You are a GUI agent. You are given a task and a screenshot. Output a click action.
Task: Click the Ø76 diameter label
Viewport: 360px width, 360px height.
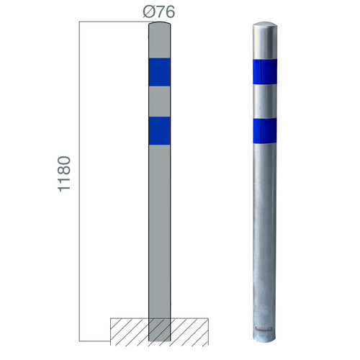pos(159,12)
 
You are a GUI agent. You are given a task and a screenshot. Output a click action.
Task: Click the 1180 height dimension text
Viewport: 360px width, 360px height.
pos(64,174)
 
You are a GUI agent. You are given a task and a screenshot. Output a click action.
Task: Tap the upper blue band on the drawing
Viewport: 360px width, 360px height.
pos(159,72)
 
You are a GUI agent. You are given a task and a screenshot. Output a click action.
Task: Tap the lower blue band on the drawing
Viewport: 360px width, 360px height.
pos(159,131)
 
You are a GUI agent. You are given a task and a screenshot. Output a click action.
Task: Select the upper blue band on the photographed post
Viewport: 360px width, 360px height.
pos(265,72)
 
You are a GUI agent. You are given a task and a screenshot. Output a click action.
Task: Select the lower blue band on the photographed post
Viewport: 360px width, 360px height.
pos(265,131)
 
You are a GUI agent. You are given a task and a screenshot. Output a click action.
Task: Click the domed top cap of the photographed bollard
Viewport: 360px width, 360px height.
pos(265,26)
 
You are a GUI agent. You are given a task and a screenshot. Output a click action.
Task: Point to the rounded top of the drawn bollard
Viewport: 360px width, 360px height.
pos(159,24)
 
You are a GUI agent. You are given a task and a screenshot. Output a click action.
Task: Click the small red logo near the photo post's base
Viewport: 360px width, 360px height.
pos(264,330)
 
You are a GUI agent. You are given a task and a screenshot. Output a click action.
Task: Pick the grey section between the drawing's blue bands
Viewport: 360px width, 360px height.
pos(159,102)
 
